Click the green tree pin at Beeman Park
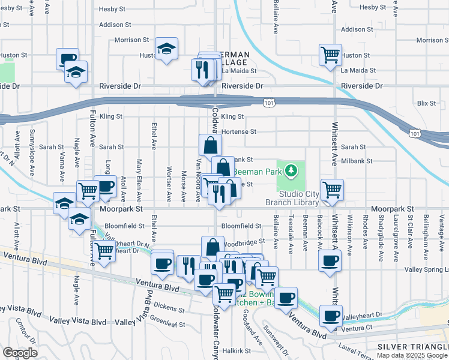click(291, 172)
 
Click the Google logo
click(20, 352)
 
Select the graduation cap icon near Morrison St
click(167, 49)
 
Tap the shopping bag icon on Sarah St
click(211, 145)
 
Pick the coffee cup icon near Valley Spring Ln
click(329, 262)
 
